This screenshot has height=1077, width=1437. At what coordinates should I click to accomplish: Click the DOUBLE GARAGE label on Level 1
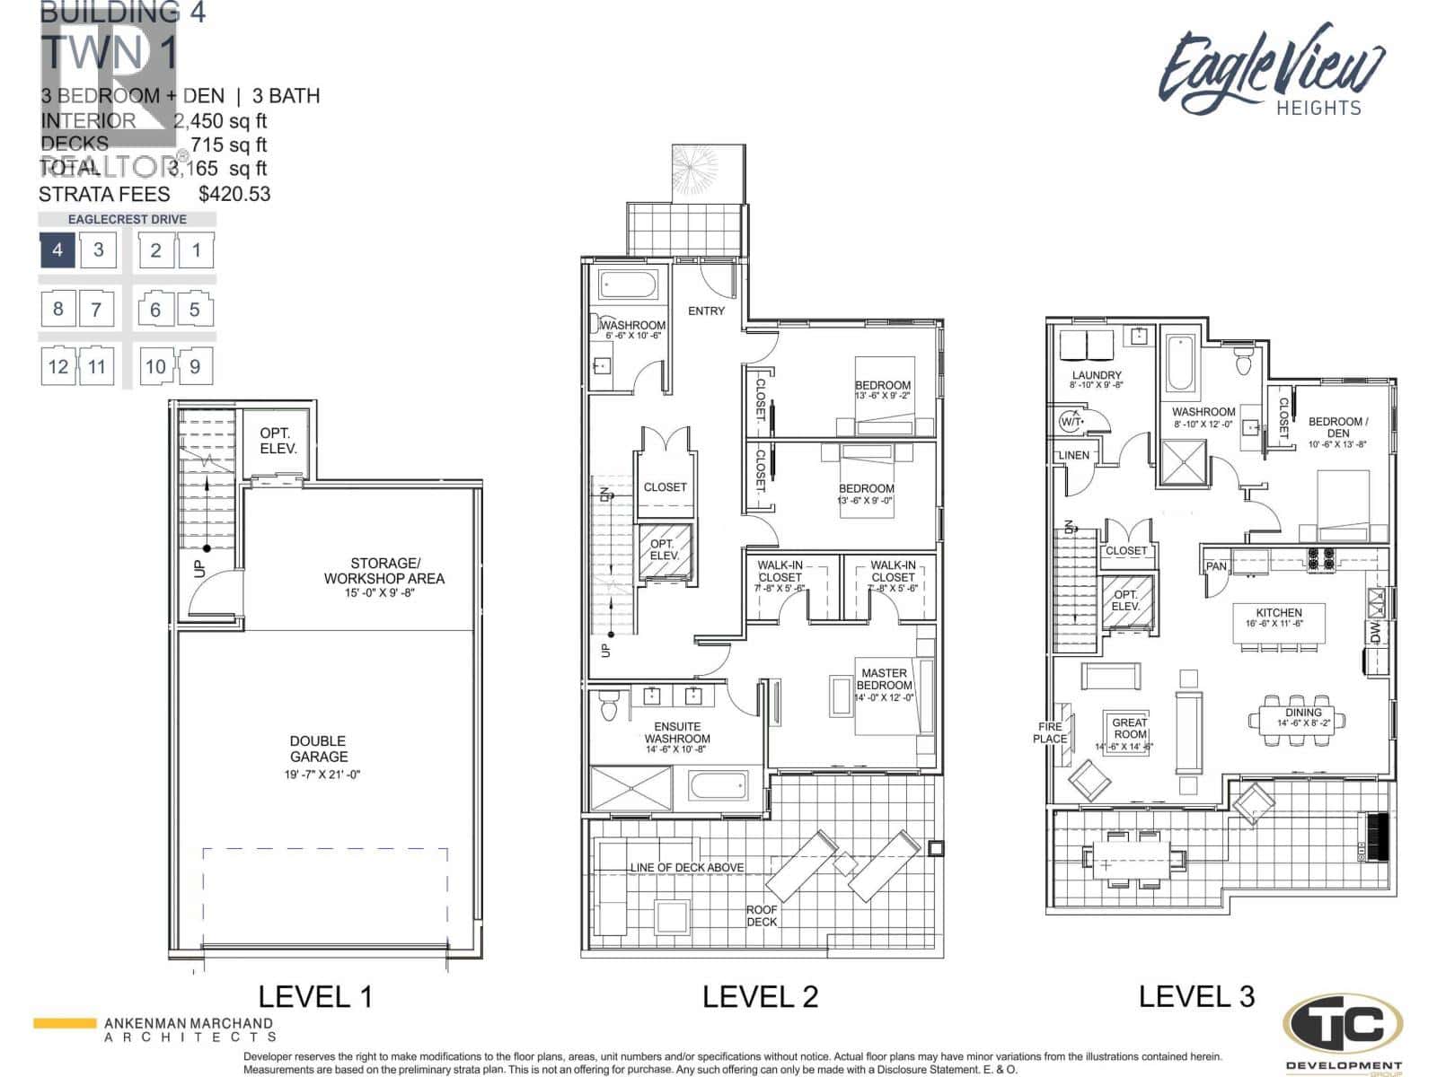[x=318, y=749]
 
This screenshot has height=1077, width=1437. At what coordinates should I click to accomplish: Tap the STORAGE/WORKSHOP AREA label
[x=383, y=571]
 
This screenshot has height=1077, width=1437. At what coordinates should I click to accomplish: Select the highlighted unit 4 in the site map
[x=57, y=250]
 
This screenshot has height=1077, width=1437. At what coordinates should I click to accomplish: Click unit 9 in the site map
[x=195, y=366]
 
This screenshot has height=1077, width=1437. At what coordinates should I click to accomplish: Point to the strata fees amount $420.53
[x=234, y=194]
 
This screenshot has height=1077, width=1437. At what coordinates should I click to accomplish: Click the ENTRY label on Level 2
[x=706, y=311]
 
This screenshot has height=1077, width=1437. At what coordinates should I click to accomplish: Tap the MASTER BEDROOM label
[x=884, y=679]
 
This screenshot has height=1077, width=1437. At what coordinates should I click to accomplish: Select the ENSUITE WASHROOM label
[x=676, y=732]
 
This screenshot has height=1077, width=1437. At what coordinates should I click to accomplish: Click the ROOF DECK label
[x=762, y=915]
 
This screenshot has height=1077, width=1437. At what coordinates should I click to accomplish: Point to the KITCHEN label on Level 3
[x=1279, y=612]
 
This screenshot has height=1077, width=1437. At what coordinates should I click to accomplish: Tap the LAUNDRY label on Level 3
[x=1096, y=375]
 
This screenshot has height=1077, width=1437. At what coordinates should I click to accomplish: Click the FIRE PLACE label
[x=1050, y=732]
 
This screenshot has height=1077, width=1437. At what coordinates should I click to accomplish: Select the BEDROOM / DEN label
[x=1337, y=427]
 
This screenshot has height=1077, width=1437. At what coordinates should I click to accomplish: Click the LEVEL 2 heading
[x=760, y=996]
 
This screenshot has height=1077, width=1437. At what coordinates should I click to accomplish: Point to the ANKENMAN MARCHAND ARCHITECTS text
[x=189, y=1029]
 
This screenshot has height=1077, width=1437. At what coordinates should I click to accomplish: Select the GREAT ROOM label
[x=1129, y=728]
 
